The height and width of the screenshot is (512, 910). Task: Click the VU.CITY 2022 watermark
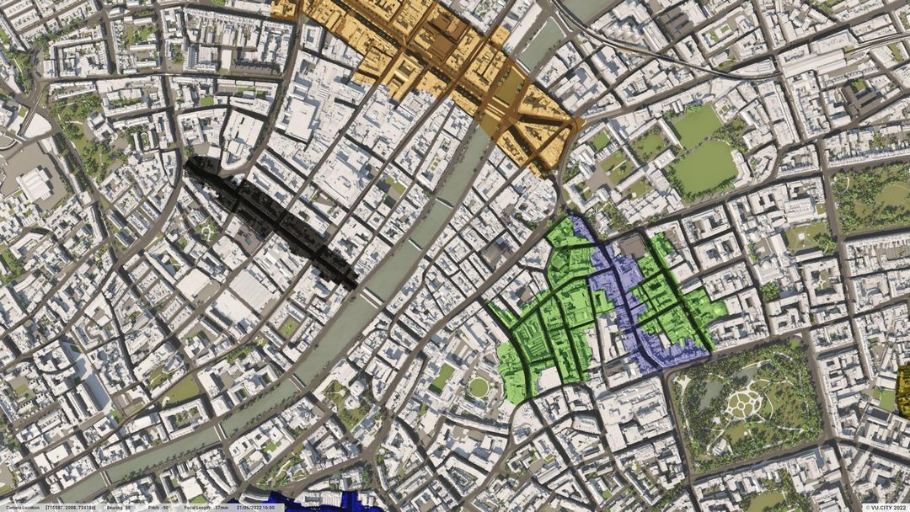(x=885, y=508)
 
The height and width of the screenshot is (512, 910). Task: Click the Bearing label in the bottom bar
(x=113, y=508)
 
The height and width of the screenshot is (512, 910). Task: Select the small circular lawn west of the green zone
(x=479, y=387)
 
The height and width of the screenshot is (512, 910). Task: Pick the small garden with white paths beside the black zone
(x=206, y=230)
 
